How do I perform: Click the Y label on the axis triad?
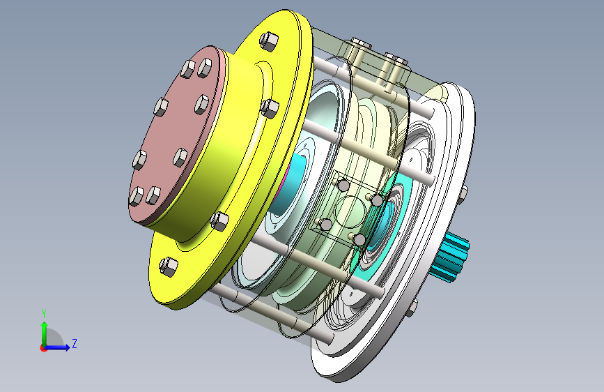[x=44, y=314]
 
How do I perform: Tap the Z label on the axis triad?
[x=75, y=343]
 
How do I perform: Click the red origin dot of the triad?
[x=43, y=348]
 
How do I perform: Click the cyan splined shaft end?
[x=451, y=257]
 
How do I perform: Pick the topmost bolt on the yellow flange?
[x=269, y=40]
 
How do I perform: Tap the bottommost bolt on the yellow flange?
[x=169, y=266]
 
